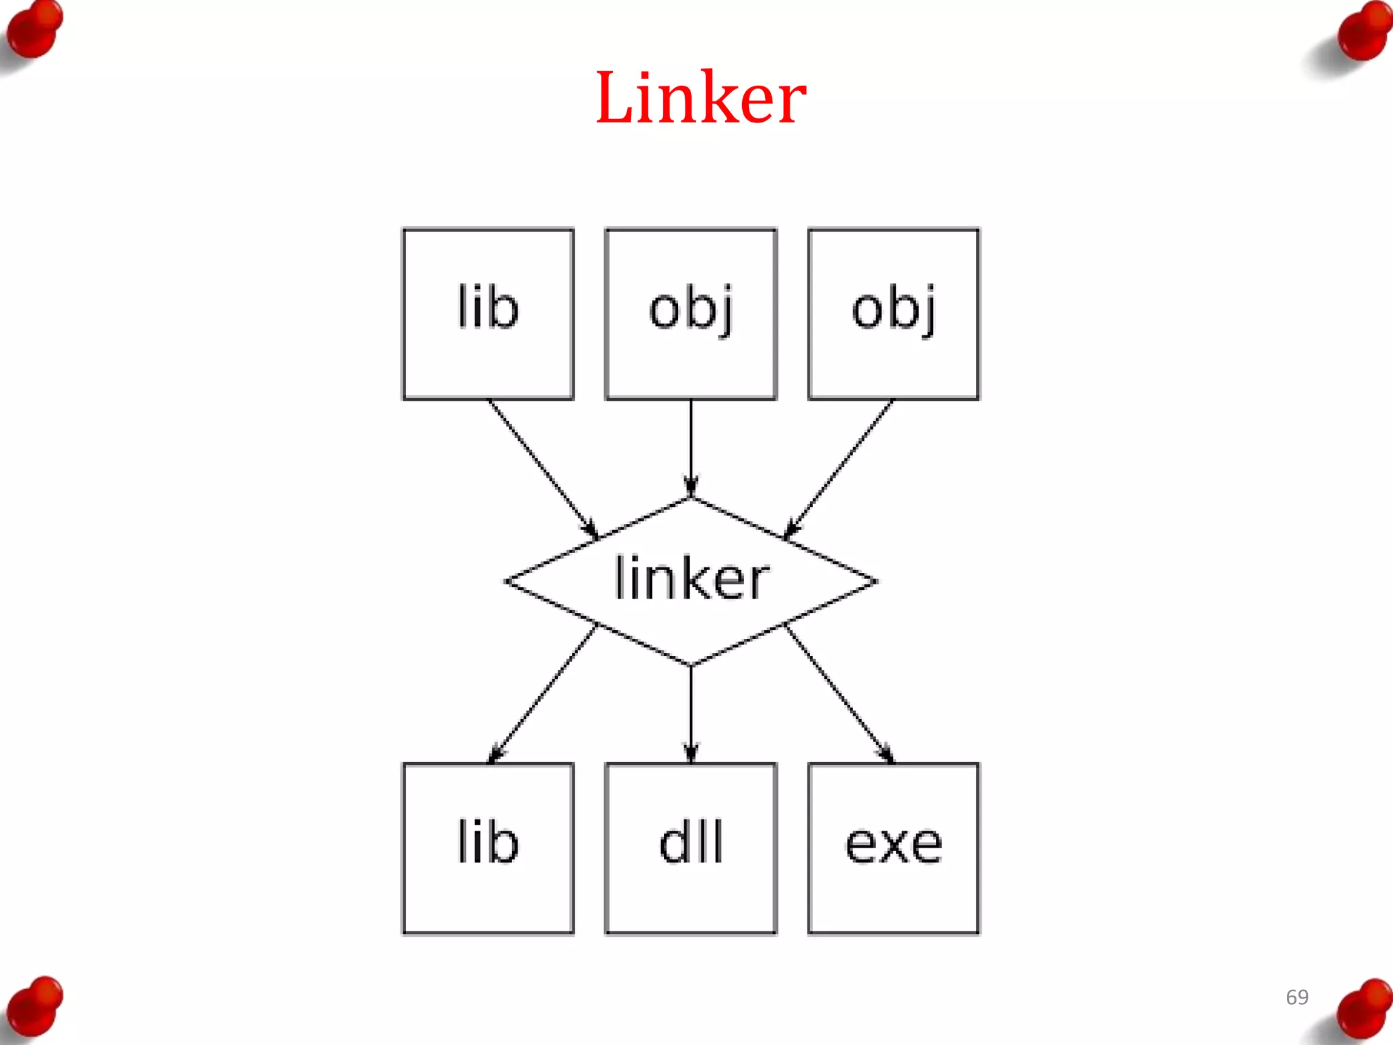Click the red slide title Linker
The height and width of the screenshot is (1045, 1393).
(x=701, y=99)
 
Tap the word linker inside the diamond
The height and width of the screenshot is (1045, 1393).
(x=691, y=579)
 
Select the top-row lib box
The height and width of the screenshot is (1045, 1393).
(x=488, y=314)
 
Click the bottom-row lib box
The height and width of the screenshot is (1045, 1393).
(x=488, y=848)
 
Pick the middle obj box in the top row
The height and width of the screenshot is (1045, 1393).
(x=690, y=314)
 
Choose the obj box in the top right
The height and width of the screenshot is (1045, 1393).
(x=893, y=314)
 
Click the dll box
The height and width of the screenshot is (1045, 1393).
(x=690, y=848)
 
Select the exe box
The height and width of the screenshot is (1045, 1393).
(x=893, y=848)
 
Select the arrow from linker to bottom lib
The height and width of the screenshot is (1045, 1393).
(x=542, y=694)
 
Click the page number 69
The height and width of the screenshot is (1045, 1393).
(x=1296, y=997)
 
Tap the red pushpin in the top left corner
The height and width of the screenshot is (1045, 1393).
(x=34, y=31)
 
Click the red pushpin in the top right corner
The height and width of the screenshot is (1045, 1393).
(x=1364, y=31)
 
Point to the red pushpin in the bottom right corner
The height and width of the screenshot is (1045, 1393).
(x=1364, y=1010)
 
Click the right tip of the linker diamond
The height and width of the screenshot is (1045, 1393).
(x=874, y=582)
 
